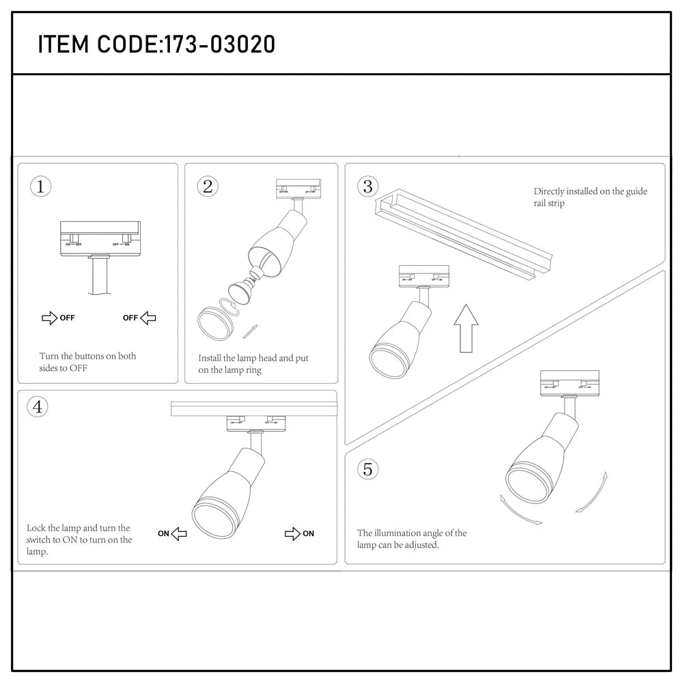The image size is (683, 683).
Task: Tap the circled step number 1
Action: pyautogui.click(x=41, y=186)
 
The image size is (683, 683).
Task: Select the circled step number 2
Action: pyautogui.click(x=208, y=186)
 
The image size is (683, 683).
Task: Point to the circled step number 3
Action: pyautogui.click(x=368, y=186)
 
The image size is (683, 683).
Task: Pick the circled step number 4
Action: pyautogui.click(x=37, y=407)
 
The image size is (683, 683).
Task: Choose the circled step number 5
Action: pyautogui.click(x=368, y=469)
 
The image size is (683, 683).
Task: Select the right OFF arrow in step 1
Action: pyautogui.click(x=148, y=318)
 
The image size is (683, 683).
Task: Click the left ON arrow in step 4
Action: pyautogui.click(x=178, y=533)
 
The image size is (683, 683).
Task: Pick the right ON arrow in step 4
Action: pyautogui.click(x=292, y=533)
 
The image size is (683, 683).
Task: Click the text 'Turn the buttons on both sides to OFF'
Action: pyautogui.click(x=87, y=362)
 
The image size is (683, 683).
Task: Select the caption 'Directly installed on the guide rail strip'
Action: pyautogui.click(x=590, y=197)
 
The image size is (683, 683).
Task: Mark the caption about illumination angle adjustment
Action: pyautogui.click(x=412, y=539)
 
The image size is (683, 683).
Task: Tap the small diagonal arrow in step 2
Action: pyautogui.click(x=251, y=331)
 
